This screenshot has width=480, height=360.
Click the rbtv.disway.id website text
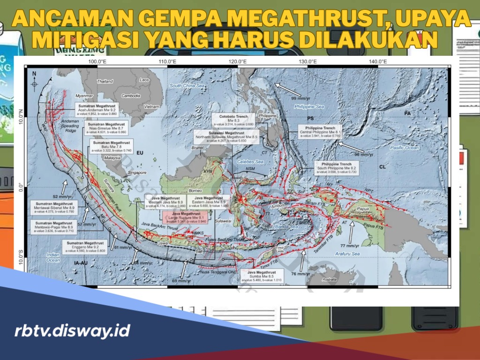point(72,331)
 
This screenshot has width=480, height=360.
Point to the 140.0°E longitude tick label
point(377,62)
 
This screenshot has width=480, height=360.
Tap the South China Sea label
point(187,86)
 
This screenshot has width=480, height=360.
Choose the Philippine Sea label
point(309,107)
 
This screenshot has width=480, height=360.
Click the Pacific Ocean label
point(404,148)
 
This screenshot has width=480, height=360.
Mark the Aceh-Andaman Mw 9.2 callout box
point(98,109)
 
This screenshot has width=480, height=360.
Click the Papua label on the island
point(363,209)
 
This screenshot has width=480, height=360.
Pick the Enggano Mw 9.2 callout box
point(84,247)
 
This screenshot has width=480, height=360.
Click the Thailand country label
point(105,81)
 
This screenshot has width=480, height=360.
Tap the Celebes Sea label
point(253,162)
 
